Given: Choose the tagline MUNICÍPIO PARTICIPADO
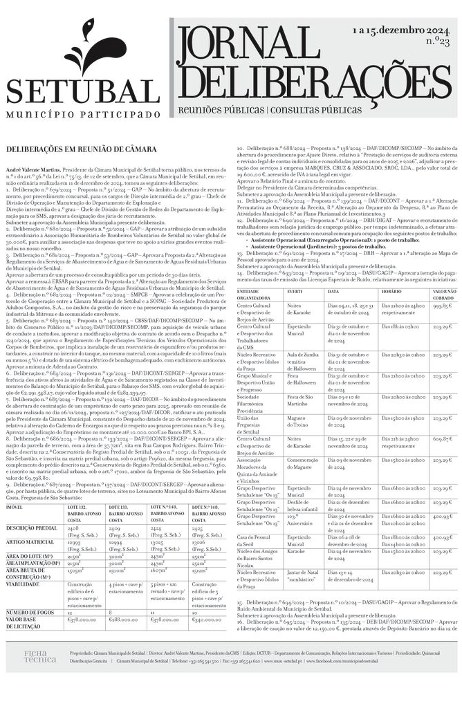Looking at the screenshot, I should point(84,114).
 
